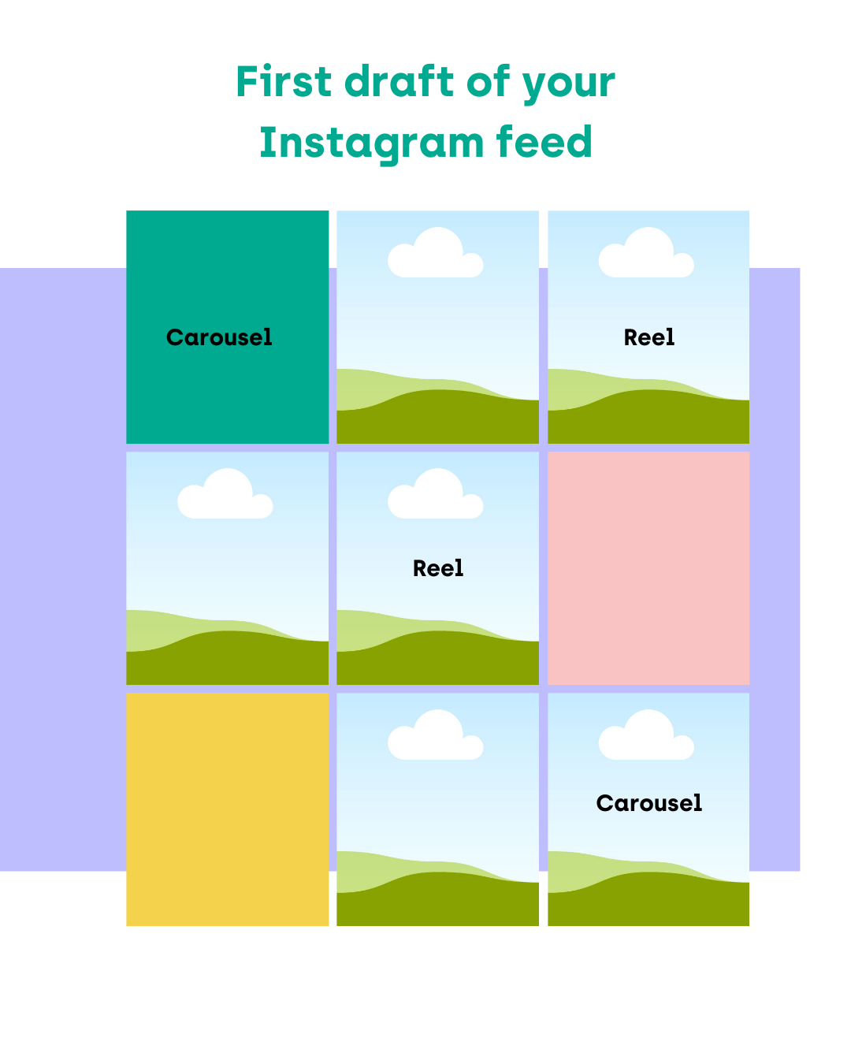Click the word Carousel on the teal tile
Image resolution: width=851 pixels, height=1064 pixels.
(219, 337)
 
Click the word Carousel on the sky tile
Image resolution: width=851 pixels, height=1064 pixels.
(648, 803)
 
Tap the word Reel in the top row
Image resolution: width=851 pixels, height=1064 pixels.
(648, 337)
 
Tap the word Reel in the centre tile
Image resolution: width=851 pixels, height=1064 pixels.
(438, 568)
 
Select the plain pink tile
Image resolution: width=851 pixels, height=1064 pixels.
(648, 567)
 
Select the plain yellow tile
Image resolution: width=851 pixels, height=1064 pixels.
(227, 813)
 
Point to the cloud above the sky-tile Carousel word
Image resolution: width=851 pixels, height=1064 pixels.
(646, 736)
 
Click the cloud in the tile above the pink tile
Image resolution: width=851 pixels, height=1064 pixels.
(646, 254)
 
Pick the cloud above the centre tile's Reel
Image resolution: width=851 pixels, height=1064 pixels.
(436, 495)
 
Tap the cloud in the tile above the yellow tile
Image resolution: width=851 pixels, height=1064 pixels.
(225, 495)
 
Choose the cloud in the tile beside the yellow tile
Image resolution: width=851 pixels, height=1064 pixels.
(436, 736)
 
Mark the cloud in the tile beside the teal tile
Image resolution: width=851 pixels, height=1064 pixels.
(436, 254)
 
